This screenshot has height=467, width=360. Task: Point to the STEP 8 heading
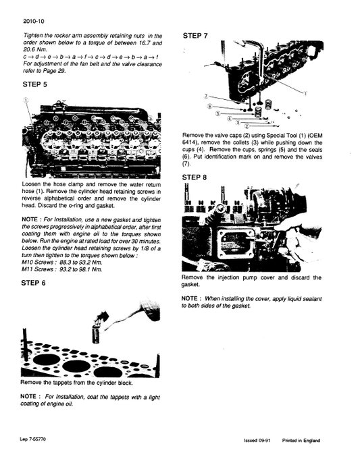coord(195,177)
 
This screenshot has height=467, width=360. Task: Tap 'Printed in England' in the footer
coord(301,441)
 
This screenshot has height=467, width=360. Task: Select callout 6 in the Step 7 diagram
coord(210,107)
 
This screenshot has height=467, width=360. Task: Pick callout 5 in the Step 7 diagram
coord(218,114)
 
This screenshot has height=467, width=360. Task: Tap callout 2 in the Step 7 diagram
coord(246,126)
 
